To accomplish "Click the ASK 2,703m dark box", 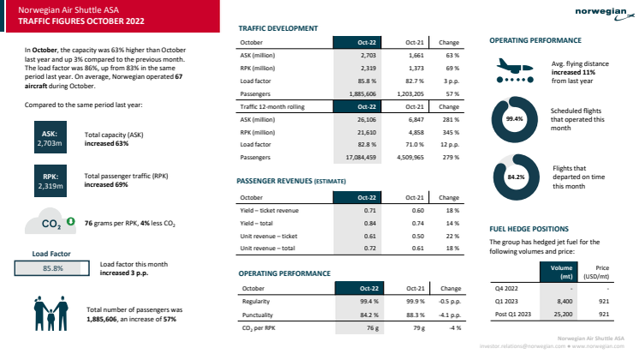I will (x=49, y=140).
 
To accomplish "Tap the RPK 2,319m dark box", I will (x=49, y=180).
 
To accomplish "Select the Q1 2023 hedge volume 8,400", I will (x=559, y=301).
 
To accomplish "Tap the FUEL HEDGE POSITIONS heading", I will (x=529, y=230).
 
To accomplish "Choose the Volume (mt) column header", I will (x=559, y=272).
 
